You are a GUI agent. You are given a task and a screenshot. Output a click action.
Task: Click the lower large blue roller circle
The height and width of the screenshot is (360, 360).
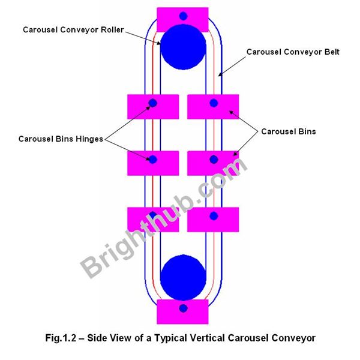pos(183,276)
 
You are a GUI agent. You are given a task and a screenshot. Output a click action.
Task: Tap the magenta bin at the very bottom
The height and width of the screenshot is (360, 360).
pos(182,311)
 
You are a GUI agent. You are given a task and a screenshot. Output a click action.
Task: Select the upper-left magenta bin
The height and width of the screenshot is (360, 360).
pos(153,107)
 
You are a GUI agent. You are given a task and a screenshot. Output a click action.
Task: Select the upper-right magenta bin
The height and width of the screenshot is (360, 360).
pos(213,107)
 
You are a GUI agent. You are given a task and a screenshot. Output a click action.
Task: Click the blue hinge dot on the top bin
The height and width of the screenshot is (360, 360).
pos(183,15)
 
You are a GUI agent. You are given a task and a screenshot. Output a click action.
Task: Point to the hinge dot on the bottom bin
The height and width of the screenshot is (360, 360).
pos(183,308)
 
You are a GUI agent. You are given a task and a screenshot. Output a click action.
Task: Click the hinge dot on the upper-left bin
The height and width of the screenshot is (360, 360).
pos(153,103)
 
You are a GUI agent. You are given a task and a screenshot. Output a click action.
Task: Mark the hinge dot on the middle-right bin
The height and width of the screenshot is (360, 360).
pos(213,160)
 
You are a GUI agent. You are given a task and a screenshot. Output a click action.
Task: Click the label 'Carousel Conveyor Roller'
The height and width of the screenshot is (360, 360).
pos(73,29)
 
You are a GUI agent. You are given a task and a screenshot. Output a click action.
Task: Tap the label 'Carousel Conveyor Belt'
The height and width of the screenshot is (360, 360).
pos(293,52)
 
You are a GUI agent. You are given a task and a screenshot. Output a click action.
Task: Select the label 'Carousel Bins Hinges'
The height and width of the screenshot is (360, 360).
pos(61,139)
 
